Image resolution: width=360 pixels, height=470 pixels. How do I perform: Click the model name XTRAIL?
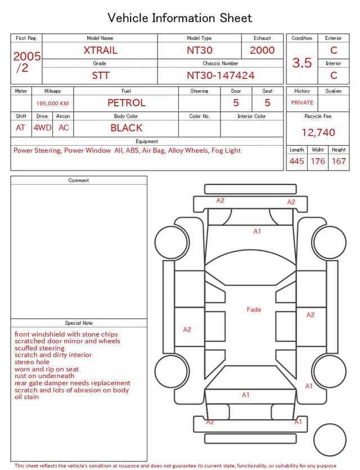100,50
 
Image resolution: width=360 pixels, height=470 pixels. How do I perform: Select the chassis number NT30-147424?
220,75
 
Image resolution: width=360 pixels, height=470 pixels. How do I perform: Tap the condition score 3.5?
302,63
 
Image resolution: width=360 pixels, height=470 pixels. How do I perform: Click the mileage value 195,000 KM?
52,104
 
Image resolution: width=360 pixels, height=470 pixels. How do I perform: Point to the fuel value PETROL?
127,103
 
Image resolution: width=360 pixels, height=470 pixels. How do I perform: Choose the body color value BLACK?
127,128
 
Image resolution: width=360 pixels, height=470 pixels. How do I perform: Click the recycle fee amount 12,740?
318,132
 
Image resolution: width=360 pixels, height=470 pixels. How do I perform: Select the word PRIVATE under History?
302,102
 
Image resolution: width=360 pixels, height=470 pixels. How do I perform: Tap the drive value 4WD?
42,128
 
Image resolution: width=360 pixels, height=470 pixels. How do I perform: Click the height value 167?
339,161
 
